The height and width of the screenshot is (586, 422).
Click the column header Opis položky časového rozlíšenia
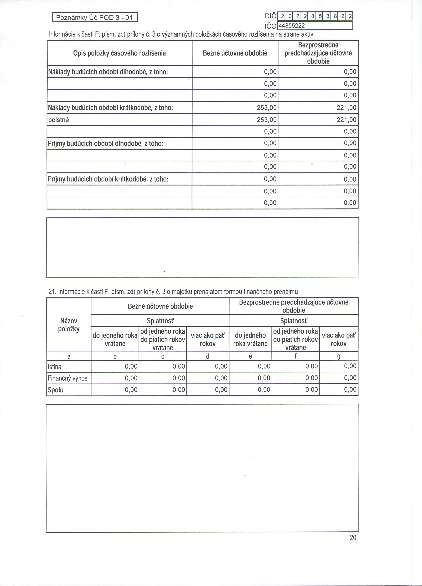pyautogui.click(x=120, y=53)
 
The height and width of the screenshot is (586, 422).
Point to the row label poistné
pyautogui.click(x=59, y=120)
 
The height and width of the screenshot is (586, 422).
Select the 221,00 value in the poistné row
pyautogui.click(x=346, y=120)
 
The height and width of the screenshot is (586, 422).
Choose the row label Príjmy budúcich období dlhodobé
pyautogui.click(x=105, y=143)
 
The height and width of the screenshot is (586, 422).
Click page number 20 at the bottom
pyautogui.click(x=353, y=538)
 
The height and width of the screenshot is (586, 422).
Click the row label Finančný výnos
pyautogui.click(x=68, y=378)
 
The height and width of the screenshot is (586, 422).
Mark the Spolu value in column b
pyautogui.click(x=131, y=390)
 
